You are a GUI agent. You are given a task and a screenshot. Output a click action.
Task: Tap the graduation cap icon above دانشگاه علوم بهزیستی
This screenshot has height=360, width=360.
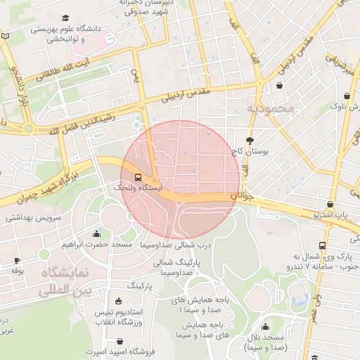65,18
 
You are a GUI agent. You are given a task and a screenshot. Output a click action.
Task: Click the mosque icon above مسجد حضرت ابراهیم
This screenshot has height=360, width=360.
96,233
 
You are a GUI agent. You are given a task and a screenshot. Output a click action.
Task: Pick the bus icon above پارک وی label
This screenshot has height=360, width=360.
322,245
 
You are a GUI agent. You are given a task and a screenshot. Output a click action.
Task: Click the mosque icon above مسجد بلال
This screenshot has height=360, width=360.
266,326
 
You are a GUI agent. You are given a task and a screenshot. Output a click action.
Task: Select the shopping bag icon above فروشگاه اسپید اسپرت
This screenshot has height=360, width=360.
120,341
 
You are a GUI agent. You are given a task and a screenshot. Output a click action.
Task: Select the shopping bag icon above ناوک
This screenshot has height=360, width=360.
347,96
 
